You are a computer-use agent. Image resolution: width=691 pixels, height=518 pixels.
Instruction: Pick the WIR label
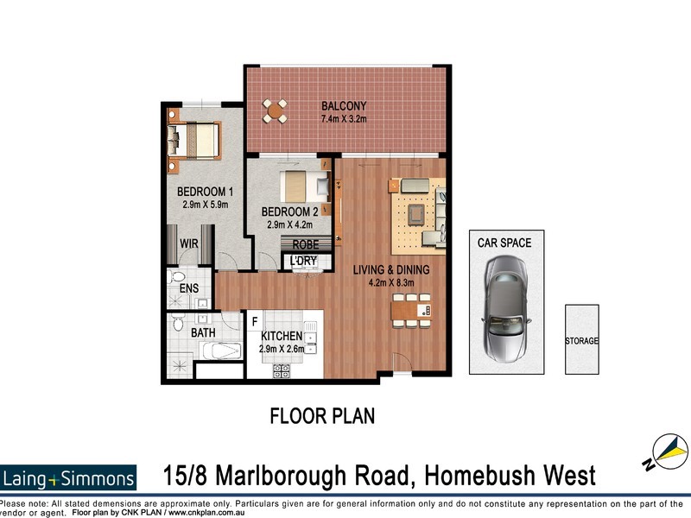189,244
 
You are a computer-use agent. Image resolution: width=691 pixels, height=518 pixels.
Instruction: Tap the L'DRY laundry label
303,261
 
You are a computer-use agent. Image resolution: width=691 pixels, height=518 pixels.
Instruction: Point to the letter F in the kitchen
255,322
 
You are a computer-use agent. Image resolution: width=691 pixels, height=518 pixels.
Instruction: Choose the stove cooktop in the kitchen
282,371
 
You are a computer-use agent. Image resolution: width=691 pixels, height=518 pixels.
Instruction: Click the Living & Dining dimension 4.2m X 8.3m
390,282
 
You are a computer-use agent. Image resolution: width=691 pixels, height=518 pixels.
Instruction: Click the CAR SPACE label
504,243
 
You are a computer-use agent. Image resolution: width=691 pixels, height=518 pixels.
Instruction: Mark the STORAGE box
581,341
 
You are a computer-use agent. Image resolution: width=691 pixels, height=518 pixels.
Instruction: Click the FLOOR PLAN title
322,417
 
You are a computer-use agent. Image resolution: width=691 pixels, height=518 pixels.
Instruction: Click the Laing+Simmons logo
68,477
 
